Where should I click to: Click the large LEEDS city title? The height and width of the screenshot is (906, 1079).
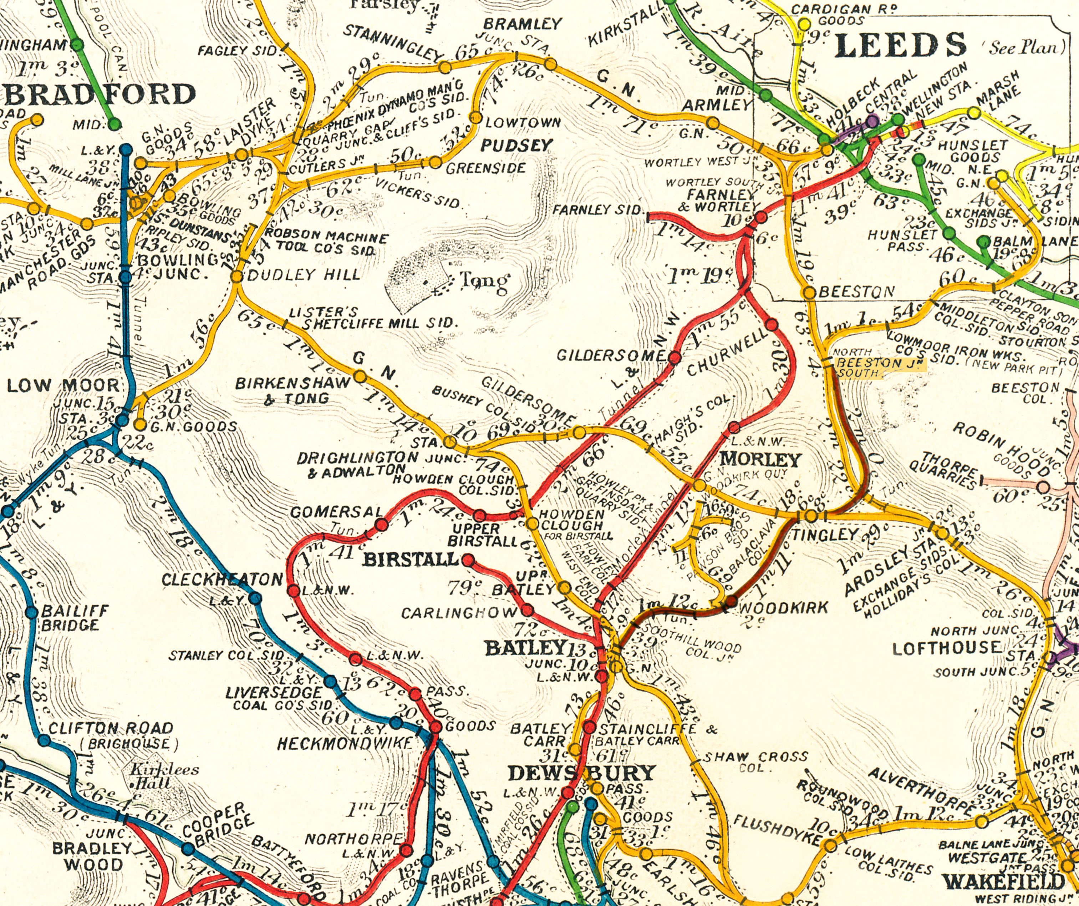[x=899, y=45]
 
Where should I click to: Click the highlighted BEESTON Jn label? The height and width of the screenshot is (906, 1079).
[x=880, y=368]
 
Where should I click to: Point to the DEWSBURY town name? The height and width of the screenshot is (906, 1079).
[x=582, y=773]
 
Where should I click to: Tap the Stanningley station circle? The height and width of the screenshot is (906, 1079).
[x=444, y=67]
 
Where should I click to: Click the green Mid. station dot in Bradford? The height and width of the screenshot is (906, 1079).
[x=114, y=124]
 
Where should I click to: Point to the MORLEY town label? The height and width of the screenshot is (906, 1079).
[x=760, y=460]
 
